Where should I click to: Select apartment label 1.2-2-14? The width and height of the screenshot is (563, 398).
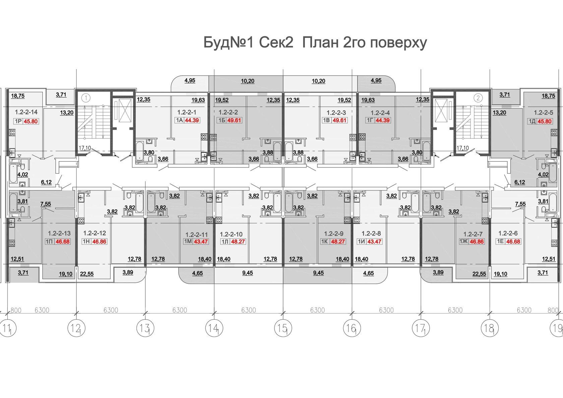click(26, 112)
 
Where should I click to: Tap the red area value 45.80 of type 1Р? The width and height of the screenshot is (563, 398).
click(31, 122)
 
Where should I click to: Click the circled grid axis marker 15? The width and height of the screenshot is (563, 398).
click(283, 328)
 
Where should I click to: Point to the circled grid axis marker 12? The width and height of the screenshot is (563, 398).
click(76, 328)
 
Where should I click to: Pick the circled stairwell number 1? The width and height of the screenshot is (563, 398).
click(86, 98)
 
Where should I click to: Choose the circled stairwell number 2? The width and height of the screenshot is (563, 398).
click(478, 98)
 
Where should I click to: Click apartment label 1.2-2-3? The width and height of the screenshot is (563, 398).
click(336, 113)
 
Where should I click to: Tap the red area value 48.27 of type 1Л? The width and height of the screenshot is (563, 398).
click(238, 242)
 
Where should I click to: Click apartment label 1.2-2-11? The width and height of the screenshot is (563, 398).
click(196, 235)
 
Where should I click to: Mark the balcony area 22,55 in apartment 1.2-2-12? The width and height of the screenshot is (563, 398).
click(87, 274)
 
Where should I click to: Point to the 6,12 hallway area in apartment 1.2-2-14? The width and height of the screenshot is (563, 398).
click(46, 182)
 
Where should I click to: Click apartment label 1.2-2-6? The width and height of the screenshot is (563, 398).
click(508, 233)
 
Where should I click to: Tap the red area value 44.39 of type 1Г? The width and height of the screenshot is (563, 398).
click(383, 120)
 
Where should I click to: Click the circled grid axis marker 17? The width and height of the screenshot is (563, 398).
click(421, 328)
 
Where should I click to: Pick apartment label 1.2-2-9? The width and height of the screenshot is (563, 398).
click(333, 234)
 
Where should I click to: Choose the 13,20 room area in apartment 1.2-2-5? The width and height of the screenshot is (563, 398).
click(499, 113)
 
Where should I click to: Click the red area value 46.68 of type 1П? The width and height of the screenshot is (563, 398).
click(63, 242)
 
